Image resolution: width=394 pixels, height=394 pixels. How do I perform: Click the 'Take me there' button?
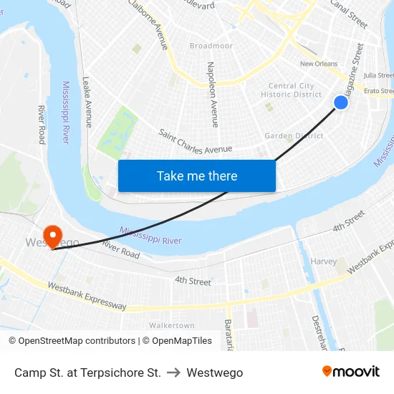[197, 176]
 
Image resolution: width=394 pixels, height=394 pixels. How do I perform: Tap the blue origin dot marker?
[341, 102]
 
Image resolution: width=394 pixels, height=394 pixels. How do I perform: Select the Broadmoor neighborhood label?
[211, 46]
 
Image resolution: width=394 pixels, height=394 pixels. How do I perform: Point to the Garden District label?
[294, 135]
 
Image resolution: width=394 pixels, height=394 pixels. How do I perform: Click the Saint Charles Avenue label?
[196, 141]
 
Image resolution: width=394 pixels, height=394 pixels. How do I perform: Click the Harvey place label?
[323, 261]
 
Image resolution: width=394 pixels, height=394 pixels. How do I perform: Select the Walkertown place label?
[172, 325]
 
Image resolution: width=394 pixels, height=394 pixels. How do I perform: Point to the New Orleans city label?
[319, 64]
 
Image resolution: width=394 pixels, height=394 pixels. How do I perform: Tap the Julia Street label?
[378, 75]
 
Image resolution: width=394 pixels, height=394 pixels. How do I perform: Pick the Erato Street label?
[378, 91]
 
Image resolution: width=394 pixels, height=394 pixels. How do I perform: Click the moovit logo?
[351, 371]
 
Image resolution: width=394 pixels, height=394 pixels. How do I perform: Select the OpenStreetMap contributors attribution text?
[72, 341]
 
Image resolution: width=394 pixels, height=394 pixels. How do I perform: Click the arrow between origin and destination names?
[173, 373]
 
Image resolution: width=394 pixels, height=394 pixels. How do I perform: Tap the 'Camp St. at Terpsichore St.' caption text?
[87, 373]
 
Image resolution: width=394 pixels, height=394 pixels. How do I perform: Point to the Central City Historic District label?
[292, 90]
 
